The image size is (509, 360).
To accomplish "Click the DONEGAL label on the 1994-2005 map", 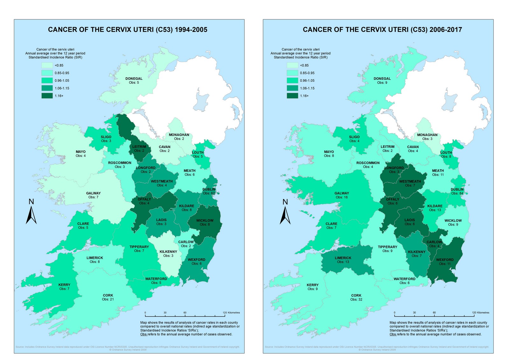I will (x=134, y=79).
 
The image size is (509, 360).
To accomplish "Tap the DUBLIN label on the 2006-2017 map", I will (x=457, y=190).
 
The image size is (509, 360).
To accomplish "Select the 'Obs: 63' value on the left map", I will (x=209, y=193).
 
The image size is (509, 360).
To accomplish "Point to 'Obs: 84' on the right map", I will (x=457, y=193).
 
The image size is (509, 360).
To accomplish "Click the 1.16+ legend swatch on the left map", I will (x=47, y=96).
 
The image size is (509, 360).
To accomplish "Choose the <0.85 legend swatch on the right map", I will (x=292, y=65).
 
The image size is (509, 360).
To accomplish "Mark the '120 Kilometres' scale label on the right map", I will (x=480, y=313).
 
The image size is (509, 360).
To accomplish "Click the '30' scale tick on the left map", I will (x=165, y=313).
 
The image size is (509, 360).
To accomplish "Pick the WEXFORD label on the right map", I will (x=445, y=260).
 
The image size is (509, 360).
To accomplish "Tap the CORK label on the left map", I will (x=108, y=295).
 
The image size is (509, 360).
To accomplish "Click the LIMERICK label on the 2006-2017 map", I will (x=343, y=258).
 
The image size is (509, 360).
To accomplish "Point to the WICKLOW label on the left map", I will (x=205, y=220).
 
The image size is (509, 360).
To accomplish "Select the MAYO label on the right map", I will (x=329, y=152).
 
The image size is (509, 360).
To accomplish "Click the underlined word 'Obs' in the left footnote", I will (x=143, y=334).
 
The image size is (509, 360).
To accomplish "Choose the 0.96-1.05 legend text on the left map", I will (x=62, y=81).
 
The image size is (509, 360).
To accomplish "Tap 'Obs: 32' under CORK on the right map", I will (x=356, y=300).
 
